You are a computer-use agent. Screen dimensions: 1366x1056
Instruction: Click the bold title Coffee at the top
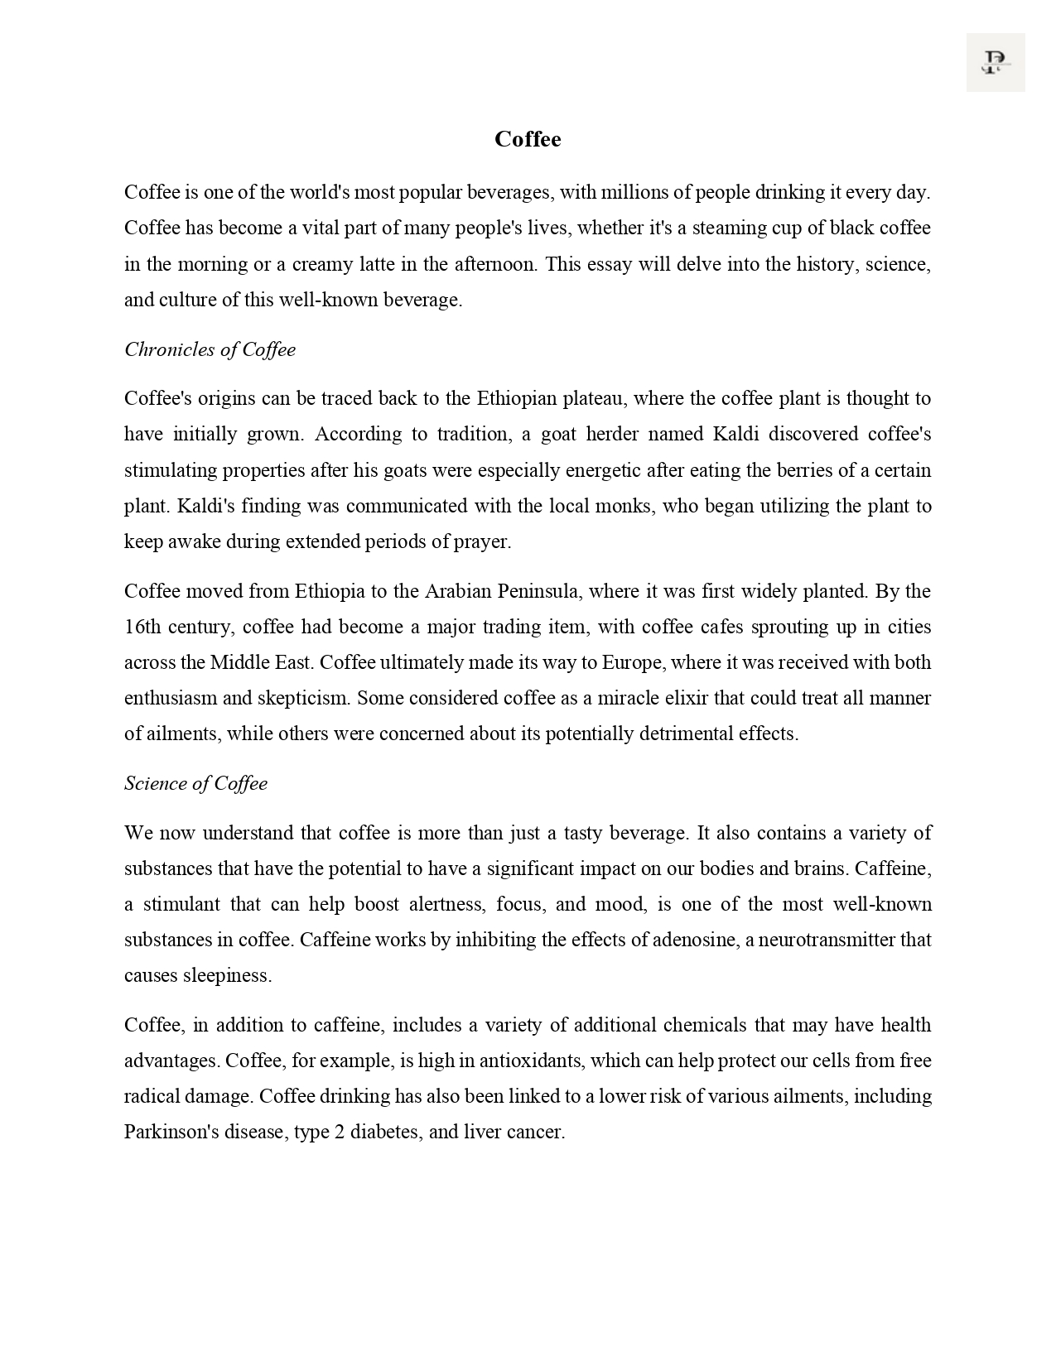[528, 139]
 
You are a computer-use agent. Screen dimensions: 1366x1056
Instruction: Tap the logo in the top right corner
[995, 62]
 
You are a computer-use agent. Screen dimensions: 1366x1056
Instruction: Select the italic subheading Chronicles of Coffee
[210, 349]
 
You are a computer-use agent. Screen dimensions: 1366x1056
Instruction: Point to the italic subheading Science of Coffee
[195, 783]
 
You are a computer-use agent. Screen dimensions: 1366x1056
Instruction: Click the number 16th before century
[142, 627]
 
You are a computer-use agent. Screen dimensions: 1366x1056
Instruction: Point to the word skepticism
[304, 698]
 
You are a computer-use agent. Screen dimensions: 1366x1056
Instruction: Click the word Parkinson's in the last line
[171, 1132]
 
